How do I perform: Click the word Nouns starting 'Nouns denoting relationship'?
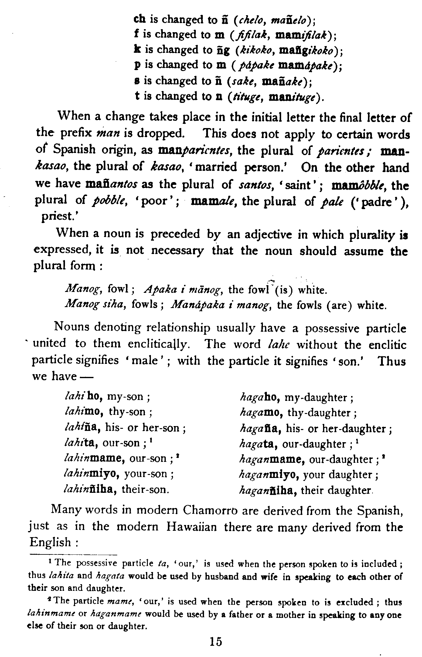pos(72,327)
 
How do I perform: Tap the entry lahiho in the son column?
pos(80,397)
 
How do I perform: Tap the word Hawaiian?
pos(192,527)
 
